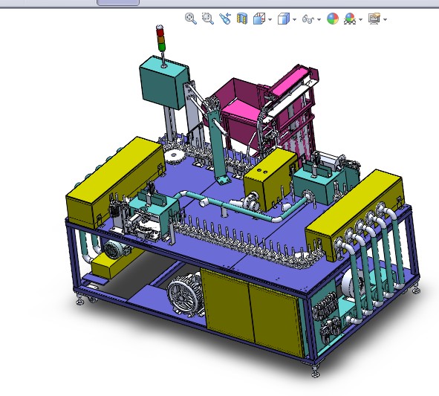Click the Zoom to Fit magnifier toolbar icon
(x=191, y=19)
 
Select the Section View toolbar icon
(x=241, y=19)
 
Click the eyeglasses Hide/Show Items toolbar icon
(x=308, y=19)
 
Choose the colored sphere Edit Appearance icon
(x=332, y=19)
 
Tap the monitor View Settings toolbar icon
(x=374, y=19)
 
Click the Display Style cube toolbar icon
(x=283, y=19)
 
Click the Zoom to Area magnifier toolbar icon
(x=208, y=19)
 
